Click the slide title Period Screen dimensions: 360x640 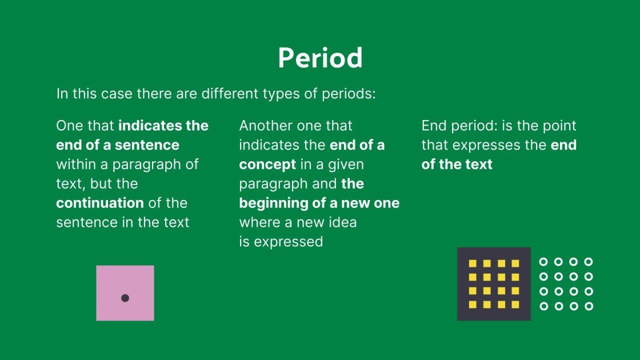[320, 58]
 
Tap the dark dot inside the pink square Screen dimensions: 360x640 [125, 298]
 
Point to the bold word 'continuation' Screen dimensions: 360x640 [100, 203]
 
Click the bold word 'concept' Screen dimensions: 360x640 [267, 165]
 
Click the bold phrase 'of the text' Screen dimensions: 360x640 [457, 165]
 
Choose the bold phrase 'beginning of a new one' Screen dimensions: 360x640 [319, 203]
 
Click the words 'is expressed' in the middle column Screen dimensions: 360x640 [281, 242]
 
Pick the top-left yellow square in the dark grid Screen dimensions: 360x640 [473, 263]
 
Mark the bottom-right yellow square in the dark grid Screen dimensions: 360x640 [515, 305]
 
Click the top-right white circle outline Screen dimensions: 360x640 [588, 262]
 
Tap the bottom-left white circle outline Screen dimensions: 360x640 [543, 306]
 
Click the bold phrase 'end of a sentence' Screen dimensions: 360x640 [118, 145]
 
